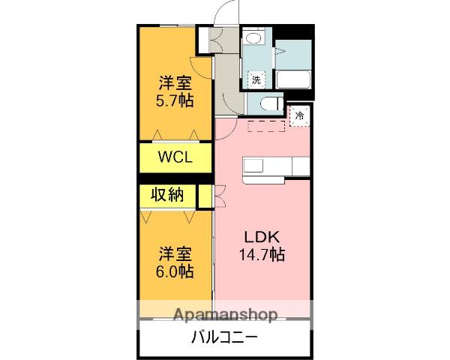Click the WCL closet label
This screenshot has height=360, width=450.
175,158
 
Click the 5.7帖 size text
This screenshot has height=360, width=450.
175,99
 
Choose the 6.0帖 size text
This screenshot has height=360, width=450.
175,271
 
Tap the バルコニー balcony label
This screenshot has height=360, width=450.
225,337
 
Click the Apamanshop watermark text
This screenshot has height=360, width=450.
225,314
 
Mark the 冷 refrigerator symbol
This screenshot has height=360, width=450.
299,116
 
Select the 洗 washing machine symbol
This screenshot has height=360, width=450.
256,79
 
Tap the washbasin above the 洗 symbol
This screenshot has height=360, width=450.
254,40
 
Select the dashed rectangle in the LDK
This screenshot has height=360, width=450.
266,124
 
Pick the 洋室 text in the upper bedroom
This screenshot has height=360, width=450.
175,81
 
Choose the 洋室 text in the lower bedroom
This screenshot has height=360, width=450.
175,253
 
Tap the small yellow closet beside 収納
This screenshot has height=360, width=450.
202,195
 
